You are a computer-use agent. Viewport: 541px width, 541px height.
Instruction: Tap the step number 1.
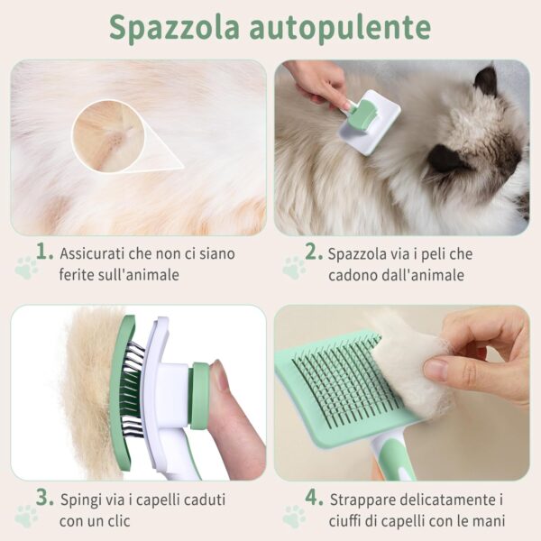[43, 252]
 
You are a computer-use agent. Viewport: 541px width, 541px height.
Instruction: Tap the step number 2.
[313, 252]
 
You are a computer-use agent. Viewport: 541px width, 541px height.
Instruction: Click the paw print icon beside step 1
[26, 268]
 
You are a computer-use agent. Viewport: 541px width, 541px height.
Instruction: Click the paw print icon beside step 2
[294, 268]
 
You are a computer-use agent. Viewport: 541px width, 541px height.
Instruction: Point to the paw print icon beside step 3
[26, 515]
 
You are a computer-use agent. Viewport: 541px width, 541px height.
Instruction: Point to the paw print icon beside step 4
[294, 515]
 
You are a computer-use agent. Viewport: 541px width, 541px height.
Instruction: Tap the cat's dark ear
[486, 80]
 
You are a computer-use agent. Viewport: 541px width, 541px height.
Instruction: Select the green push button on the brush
[199, 394]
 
